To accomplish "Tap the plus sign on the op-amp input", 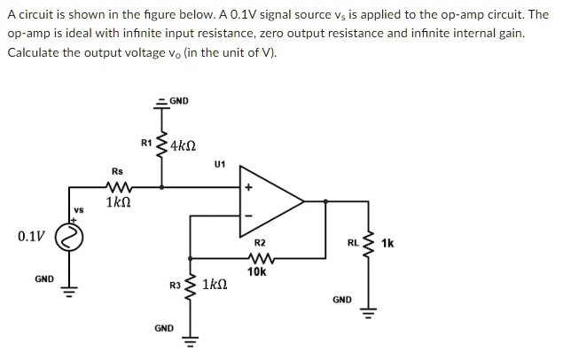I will pos(249,187).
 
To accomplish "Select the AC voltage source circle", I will pos(71,237).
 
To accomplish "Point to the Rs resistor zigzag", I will pos(118,186).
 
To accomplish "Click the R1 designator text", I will pos(146,143).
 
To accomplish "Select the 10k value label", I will pos(257,272).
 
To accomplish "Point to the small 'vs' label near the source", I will pos(78,209).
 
